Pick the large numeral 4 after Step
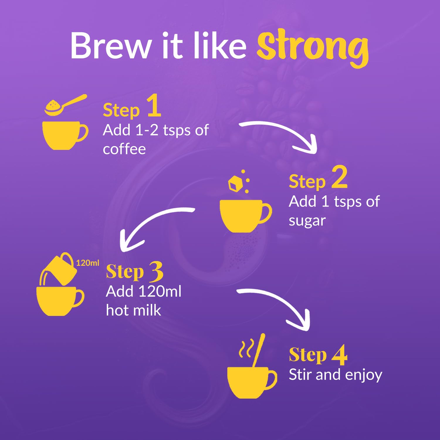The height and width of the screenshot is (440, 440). point(339,355)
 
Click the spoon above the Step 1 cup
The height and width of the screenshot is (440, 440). point(65,105)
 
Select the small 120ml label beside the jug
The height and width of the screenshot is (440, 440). point(88,263)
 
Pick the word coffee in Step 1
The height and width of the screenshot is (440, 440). point(124,149)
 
